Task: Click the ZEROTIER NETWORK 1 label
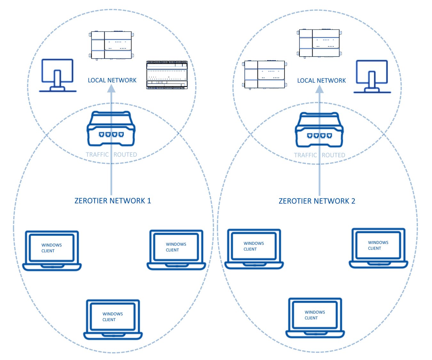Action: click(112, 201)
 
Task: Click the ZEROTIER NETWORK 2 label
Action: click(317, 201)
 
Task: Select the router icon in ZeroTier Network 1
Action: click(111, 129)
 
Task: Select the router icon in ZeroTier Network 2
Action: click(319, 130)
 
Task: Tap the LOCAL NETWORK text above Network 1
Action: click(112, 80)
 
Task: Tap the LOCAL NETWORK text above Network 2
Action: click(321, 81)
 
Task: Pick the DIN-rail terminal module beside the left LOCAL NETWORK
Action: click(167, 75)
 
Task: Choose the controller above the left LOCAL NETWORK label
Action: click(111, 45)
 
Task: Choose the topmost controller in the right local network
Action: click(319, 43)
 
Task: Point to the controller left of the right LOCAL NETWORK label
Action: click(264, 75)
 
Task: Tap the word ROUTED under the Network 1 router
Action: click(125, 155)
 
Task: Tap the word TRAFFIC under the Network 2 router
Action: click(305, 155)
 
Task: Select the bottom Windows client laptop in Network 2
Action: click(315, 318)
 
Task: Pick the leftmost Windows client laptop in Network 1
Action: click(52, 251)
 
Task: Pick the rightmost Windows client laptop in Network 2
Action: click(378, 248)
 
